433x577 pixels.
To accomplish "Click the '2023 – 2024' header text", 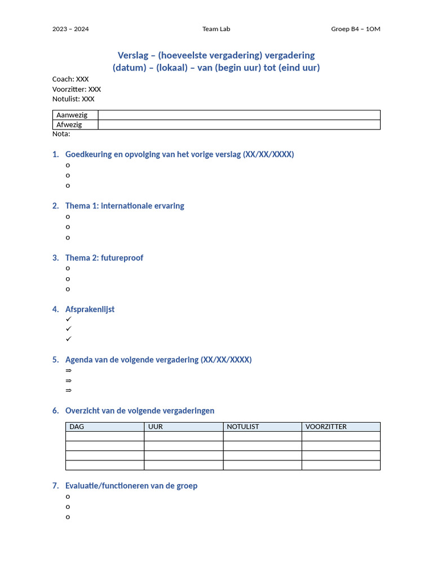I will (x=70, y=29).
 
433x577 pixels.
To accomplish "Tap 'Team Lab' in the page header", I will (x=216, y=29).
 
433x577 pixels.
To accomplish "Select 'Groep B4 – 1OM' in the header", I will (x=355, y=29).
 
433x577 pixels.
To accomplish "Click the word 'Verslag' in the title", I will (x=135, y=55).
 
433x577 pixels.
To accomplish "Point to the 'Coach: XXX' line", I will (x=70, y=79).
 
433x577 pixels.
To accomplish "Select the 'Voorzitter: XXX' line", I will (x=77, y=89).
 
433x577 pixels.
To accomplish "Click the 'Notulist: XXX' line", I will (x=73, y=99).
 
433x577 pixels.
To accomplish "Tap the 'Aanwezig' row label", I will (x=72, y=115).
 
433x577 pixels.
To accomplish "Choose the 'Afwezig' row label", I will (x=69, y=125).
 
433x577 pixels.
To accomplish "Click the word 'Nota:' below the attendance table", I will (x=61, y=134).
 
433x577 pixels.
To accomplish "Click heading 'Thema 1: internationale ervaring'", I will (x=125, y=206).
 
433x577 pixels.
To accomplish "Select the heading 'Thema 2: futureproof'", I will (x=104, y=258).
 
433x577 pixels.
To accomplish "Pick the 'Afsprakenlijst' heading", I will (x=90, y=309).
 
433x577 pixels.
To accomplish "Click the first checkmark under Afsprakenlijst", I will (x=68, y=319).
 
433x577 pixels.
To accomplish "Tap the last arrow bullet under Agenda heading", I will (x=68, y=390).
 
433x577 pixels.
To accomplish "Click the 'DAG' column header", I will (x=77, y=427).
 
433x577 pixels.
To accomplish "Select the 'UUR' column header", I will (x=156, y=427).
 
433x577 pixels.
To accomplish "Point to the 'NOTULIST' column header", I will (x=243, y=427).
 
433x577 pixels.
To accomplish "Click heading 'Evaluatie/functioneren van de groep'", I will (x=131, y=486).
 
